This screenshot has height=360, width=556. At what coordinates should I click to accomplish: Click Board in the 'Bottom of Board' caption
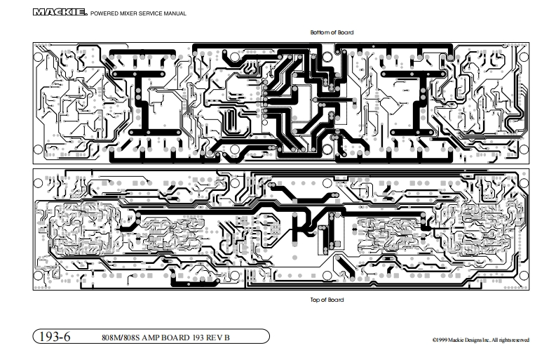click(345, 32)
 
